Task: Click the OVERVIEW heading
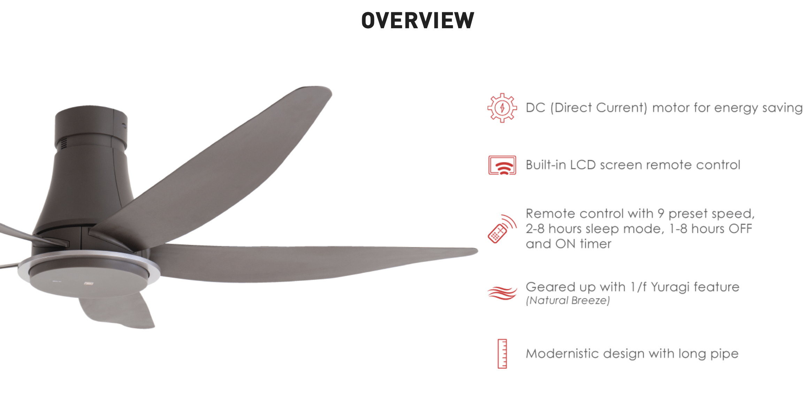click(418, 20)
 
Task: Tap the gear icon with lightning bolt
click(502, 108)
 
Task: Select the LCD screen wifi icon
click(502, 165)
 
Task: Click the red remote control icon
click(502, 229)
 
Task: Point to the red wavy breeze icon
click(502, 293)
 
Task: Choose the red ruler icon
click(502, 354)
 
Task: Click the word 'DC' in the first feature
click(535, 108)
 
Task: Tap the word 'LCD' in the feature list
click(583, 165)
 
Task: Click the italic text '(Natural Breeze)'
click(568, 301)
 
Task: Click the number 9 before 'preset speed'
click(661, 214)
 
